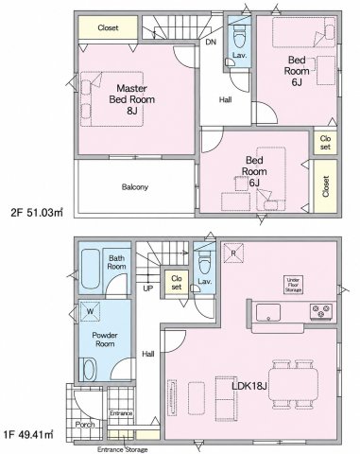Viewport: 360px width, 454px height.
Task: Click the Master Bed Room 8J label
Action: point(131,99)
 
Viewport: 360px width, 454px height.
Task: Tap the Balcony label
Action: point(135,187)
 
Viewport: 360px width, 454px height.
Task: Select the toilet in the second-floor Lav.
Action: point(239,35)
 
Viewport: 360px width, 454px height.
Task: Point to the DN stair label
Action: point(211,42)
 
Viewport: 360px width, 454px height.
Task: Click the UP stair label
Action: point(147,288)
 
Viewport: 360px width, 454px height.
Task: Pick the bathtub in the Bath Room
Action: point(91,269)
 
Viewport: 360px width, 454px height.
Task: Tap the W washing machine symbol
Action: point(90,311)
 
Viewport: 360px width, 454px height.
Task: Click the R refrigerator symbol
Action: point(233,253)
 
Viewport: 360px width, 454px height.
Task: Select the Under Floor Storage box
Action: point(293,285)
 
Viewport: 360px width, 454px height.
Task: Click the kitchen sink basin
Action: point(268,312)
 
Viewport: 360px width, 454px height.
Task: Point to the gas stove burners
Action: point(321,311)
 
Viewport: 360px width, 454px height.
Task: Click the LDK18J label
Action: point(249,386)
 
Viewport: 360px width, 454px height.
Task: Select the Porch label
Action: point(85,425)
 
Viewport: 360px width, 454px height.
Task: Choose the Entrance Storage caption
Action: point(122,449)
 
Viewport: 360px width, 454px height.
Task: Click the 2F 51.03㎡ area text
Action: point(37,213)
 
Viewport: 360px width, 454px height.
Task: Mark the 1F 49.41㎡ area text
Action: point(28,435)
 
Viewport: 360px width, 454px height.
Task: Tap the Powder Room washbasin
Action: point(89,369)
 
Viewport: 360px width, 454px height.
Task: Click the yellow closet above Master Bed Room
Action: point(108,27)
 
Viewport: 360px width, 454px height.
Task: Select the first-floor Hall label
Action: point(148,354)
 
